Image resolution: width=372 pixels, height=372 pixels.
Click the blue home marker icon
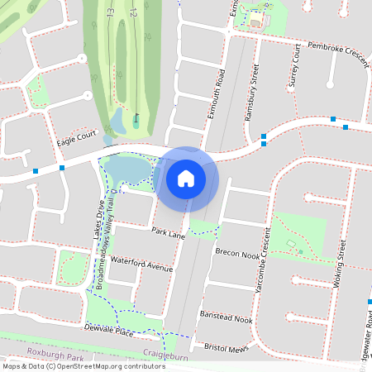[x=186, y=178]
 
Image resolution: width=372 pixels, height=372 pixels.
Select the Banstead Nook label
[x=226, y=317]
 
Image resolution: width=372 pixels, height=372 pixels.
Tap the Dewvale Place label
[x=109, y=331]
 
